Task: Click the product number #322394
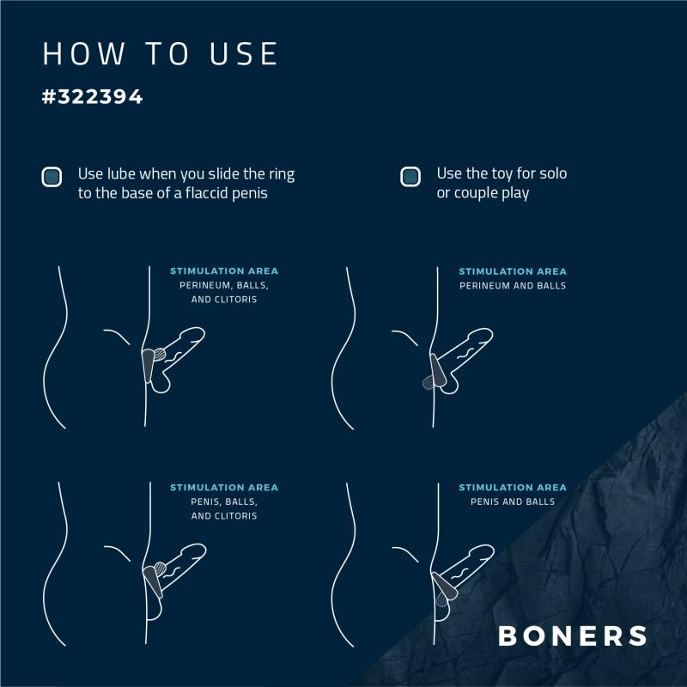click(x=93, y=96)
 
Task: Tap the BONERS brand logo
click(x=573, y=635)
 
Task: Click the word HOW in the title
click(x=83, y=54)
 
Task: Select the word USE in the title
click(x=244, y=54)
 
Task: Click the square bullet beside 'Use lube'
click(x=52, y=177)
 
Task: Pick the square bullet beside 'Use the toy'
click(x=410, y=177)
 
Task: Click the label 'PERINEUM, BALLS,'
click(x=224, y=285)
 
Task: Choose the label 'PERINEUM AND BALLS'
click(x=513, y=286)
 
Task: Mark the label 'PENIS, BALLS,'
click(x=224, y=502)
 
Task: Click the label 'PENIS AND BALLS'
click(x=513, y=502)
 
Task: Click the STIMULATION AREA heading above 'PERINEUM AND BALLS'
click(x=513, y=271)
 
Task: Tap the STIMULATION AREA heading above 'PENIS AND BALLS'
click(x=513, y=487)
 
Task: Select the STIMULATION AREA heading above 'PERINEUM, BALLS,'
click(x=224, y=271)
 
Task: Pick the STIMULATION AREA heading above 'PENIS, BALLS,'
click(x=224, y=487)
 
